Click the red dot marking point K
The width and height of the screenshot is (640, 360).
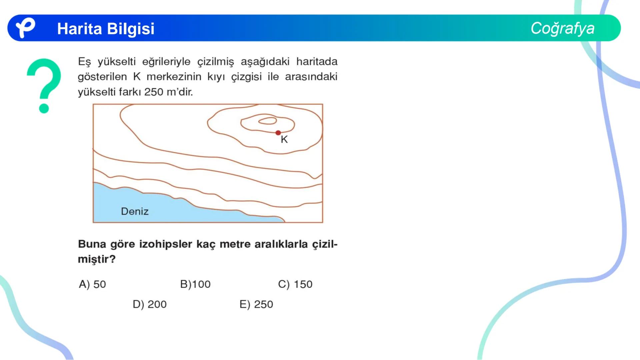click(278, 133)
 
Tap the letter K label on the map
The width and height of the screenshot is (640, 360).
click(284, 139)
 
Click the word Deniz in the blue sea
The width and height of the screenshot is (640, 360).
click(135, 211)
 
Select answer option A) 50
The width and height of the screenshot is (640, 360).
click(92, 284)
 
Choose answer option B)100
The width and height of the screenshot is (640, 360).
click(195, 284)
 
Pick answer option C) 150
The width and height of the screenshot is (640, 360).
click(295, 284)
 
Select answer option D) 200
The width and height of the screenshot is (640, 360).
click(150, 304)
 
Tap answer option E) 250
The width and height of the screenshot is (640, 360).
click(256, 304)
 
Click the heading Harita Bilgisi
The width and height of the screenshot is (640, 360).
click(106, 29)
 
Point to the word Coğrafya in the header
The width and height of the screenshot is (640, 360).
click(563, 28)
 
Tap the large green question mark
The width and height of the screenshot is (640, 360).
click(44, 85)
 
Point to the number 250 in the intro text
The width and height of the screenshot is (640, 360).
click(154, 92)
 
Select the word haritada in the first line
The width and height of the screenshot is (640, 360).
click(317, 62)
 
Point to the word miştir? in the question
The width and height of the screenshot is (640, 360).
click(97, 259)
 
